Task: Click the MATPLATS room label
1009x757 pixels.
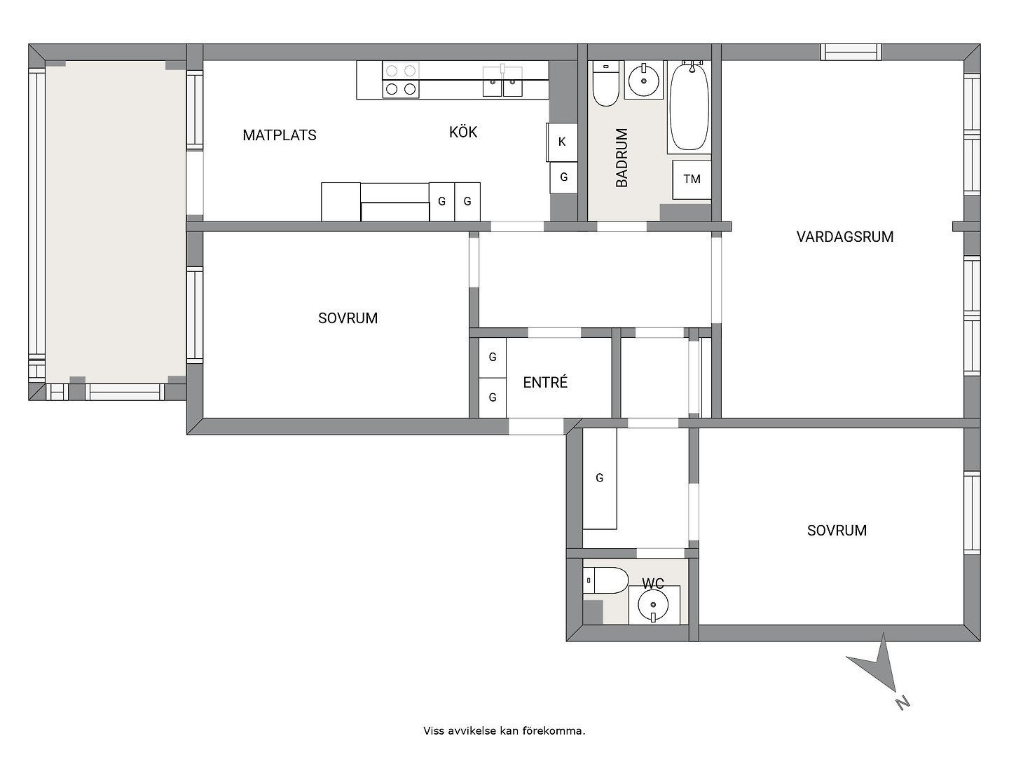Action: point(279,135)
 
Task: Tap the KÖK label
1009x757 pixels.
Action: point(463,132)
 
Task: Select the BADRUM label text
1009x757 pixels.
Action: point(622,158)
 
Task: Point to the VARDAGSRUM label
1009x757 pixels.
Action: point(844,237)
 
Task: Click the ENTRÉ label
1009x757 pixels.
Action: point(545,383)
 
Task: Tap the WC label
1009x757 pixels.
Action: point(653,583)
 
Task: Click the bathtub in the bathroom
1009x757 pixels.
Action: point(689,106)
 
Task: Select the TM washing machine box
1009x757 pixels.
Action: point(692,179)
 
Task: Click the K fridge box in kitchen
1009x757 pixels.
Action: point(561,142)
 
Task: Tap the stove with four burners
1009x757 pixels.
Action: point(401,80)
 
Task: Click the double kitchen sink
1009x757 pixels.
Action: point(502,81)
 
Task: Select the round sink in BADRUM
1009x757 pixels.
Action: point(644,81)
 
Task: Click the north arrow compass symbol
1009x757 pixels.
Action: point(879,669)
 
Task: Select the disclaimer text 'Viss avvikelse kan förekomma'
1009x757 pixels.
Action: point(504,731)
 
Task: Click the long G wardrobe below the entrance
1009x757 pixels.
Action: point(600,479)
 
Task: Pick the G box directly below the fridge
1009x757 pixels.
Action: point(563,178)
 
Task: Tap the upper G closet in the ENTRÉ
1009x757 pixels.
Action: point(493,357)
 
